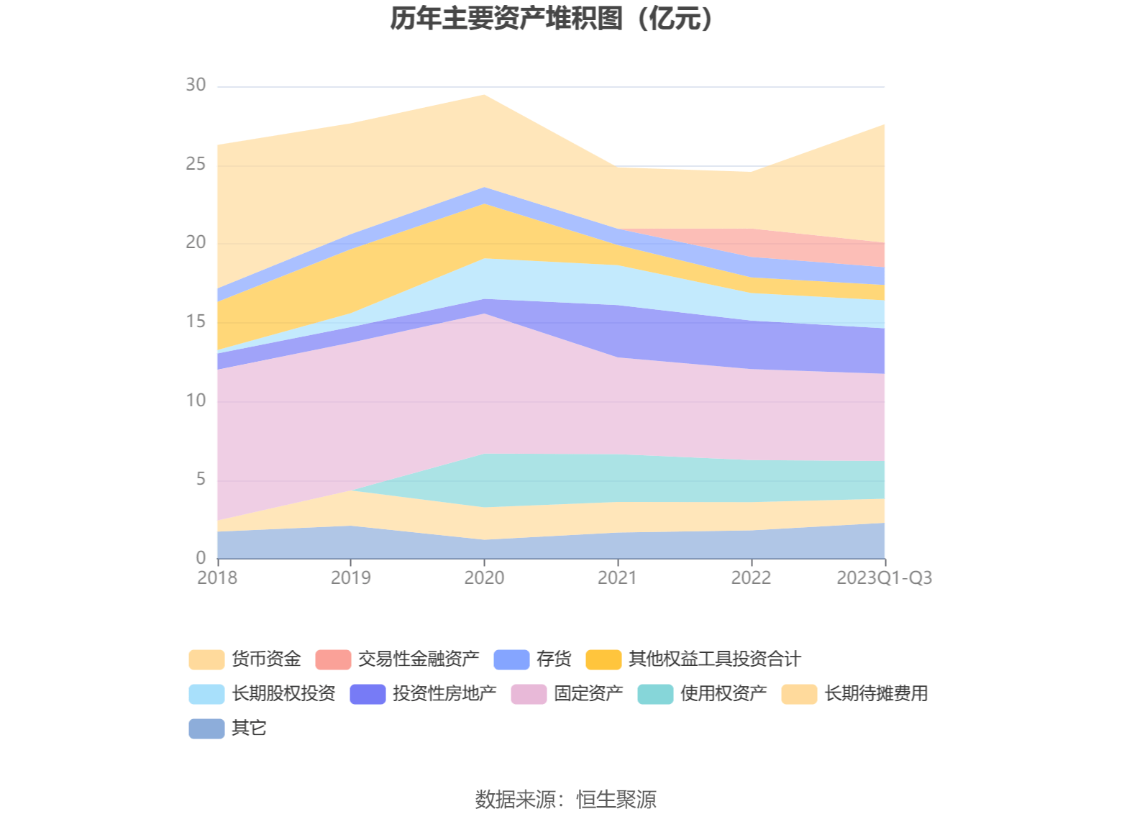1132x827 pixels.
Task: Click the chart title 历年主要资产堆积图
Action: [552, 19]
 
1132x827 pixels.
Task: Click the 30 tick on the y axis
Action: [196, 86]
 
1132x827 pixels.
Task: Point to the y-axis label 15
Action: [196, 321]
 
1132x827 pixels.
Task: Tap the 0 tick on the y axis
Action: [201, 558]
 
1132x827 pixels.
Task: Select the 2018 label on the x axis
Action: [217, 577]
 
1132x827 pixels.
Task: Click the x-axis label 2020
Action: [484, 577]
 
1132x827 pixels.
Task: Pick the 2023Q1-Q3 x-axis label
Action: [884, 577]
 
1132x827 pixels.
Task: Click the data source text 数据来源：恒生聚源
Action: [565, 799]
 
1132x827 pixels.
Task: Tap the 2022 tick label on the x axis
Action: [751, 577]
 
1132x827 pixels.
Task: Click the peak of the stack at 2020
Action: [484, 95]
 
